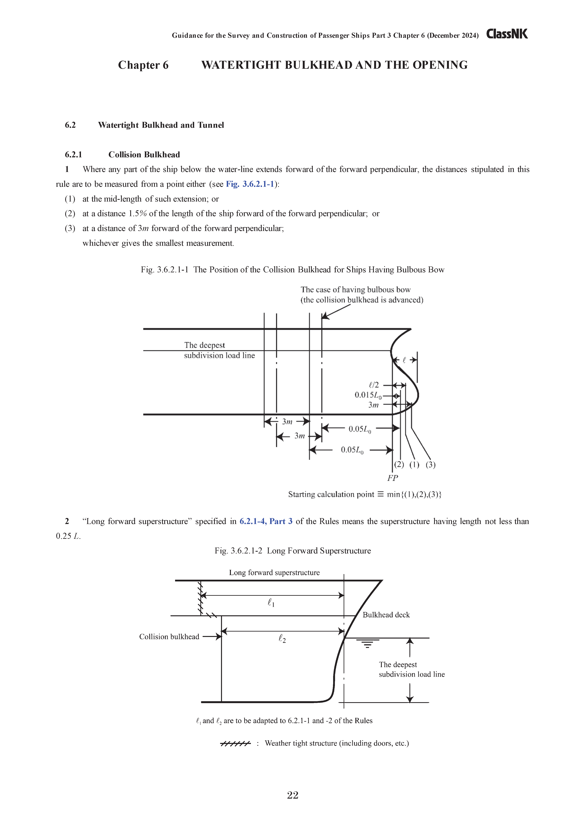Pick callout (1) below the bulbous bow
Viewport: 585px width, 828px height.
414,465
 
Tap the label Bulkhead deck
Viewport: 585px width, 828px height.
386,615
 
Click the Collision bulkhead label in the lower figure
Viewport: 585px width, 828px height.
169,636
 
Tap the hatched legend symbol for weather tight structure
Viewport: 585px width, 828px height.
235,743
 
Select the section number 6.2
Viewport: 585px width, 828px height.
70,125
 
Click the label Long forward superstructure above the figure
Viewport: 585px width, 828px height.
274,572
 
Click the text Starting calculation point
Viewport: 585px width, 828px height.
331,494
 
